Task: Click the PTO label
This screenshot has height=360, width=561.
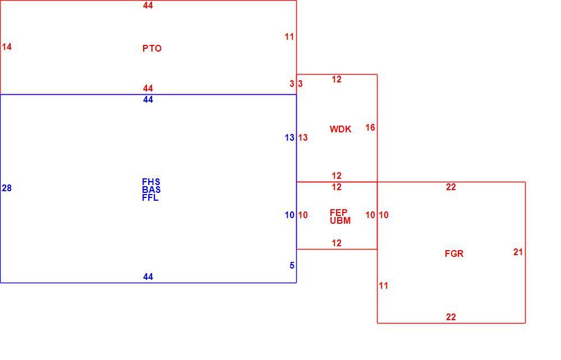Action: pos(151,48)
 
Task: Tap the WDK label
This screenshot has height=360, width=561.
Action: pos(341,129)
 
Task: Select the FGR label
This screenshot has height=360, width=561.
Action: pos(454,253)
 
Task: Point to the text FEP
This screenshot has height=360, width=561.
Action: pos(338,213)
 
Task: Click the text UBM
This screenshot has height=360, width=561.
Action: pos(341,220)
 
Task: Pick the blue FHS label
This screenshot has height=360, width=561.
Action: pos(151,182)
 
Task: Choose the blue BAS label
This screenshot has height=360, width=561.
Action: pos(151,190)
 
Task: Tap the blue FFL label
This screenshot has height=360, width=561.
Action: pos(150,198)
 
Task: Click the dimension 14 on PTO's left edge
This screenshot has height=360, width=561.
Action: pos(7,47)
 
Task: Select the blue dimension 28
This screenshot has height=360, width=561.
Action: pos(7,188)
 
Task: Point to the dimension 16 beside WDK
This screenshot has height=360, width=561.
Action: pos(370,127)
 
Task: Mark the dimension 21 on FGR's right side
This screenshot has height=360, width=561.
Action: pos(518,252)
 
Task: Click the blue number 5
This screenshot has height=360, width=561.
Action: pos(292,265)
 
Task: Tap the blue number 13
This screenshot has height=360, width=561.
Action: pos(289,137)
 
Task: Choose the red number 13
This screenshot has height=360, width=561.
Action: pos(303,137)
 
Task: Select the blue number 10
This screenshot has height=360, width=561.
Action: pos(289,215)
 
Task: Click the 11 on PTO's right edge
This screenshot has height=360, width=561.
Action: pos(289,36)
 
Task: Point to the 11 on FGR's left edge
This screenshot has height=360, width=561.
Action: pos(384,285)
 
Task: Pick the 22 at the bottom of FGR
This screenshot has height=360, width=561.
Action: pos(451,317)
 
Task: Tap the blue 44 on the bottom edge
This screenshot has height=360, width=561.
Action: pos(148,276)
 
